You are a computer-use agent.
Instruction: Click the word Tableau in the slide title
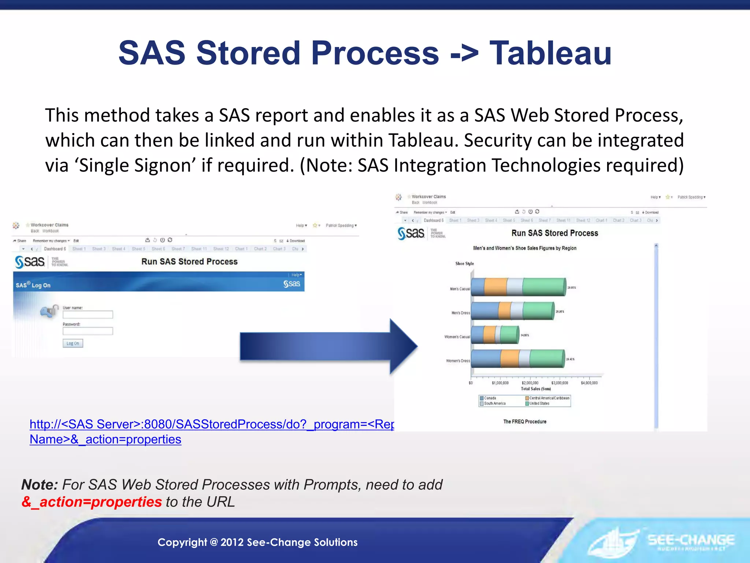click(550, 54)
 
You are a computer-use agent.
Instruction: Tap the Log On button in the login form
click(73, 343)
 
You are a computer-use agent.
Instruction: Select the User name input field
click(88, 314)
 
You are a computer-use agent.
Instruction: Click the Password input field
click(88, 331)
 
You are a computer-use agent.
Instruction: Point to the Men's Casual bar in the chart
click(518, 287)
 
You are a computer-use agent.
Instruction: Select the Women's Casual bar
click(494, 335)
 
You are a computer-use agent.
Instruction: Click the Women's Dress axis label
click(458, 361)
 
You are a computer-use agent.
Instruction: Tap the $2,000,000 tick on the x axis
click(530, 383)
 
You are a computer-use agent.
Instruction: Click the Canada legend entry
click(490, 398)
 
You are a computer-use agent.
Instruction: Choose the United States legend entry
click(539, 404)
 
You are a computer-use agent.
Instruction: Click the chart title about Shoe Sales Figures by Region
click(524, 248)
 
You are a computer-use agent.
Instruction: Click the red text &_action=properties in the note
click(92, 502)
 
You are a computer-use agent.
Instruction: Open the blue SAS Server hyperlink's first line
click(212, 424)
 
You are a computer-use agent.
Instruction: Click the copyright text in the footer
click(257, 542)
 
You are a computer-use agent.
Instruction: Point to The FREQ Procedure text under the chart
click(524, 422)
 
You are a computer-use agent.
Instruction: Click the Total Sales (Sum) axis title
click(535, 389)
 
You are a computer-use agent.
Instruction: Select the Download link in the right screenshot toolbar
click(651, 212)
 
